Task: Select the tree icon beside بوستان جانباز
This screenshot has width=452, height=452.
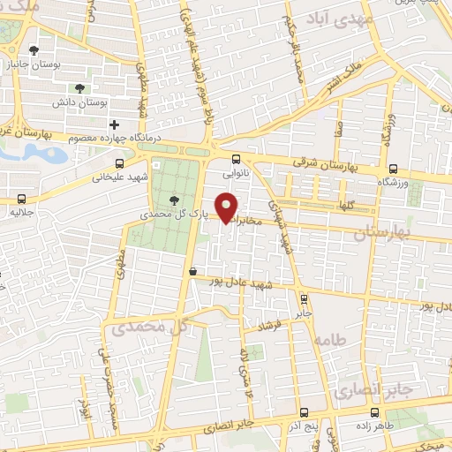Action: (33, 50)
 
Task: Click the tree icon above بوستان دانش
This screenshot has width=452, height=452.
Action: (80, 87)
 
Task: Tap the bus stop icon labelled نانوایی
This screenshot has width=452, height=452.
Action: (235, 159)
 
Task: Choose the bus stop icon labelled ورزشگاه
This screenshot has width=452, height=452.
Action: (393, 168)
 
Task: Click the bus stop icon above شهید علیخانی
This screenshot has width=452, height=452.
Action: (120, 162)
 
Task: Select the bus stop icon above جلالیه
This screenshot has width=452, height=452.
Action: (20, 199)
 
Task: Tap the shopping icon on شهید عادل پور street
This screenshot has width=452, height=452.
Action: (192, 272)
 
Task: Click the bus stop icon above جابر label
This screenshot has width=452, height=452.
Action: (304, 298)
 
